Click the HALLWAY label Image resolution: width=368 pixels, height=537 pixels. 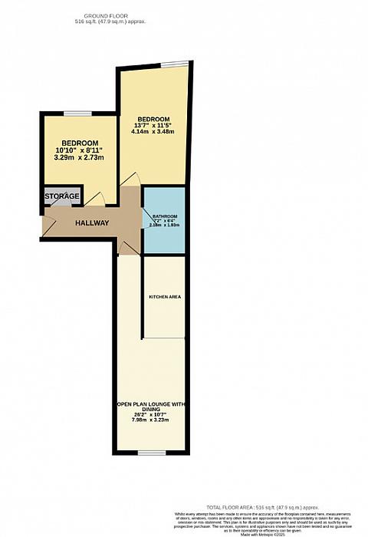(91, 223)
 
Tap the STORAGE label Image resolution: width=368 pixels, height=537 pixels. (62, 197)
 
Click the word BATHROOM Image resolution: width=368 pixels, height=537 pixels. (165, 217)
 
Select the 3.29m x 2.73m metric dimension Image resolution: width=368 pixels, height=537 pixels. (80, 158)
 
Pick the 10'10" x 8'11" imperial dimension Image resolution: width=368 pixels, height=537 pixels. (80, 151)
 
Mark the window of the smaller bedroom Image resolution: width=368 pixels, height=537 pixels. (78, 114)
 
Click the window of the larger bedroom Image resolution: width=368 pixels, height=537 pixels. (179, 64)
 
